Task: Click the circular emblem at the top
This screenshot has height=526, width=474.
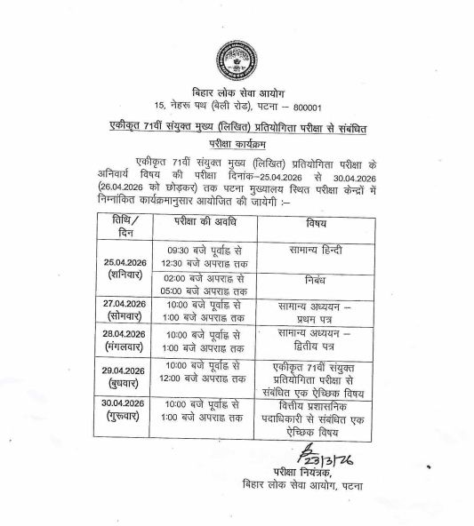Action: point(235,60)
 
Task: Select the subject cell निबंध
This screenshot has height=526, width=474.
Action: point(315,282)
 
